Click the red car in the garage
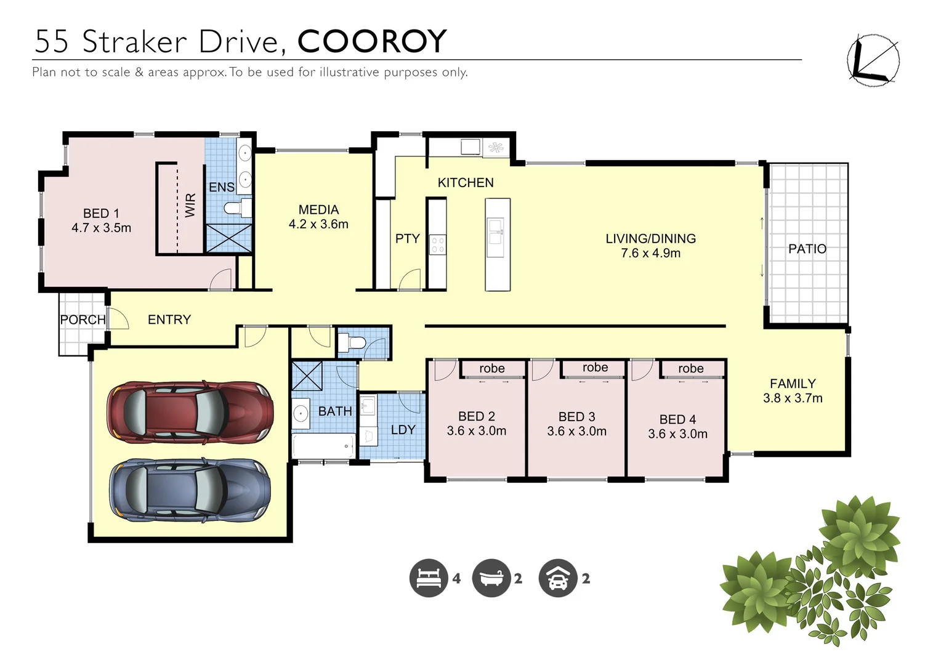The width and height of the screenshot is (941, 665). (190, 412)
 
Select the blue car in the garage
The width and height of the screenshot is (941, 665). (190, 490)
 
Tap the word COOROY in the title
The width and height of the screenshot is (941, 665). (372, 42)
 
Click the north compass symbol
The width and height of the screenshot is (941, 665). (873, 60)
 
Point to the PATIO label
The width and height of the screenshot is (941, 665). (807, 249)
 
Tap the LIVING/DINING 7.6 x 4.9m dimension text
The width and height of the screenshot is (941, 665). (650, 253)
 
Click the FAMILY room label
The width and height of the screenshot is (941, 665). (792, 384)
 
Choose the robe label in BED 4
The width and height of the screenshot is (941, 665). (690, 368)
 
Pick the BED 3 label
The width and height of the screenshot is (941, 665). (576, 417)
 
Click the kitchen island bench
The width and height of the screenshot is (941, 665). (497, 244)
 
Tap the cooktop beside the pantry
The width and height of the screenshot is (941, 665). (437, 244)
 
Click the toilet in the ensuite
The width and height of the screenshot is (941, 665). (236, 208)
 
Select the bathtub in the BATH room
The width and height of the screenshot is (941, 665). (323, 446)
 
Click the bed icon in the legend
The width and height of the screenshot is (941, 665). (429, 578)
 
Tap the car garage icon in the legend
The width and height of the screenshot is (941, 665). (557, 578)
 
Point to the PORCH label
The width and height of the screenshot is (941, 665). (83, 320)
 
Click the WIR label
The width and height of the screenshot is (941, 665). (190, 205)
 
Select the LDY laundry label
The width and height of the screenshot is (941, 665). (403, 430)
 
